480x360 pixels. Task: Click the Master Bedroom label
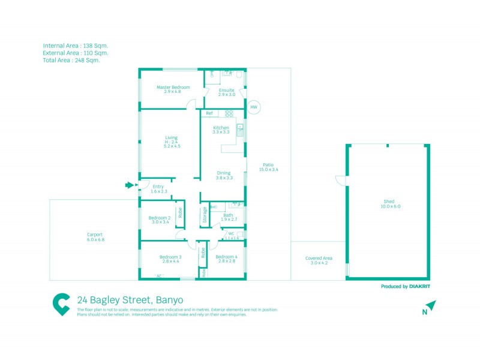tap(173, 87)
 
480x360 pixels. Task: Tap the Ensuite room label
tap(226, 90)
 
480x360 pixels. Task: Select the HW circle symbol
tap(254, 107)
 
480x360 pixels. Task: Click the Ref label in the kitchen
tap(209, 113)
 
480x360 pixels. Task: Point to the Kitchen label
tap(221, 128)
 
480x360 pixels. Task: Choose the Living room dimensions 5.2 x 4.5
tap(172, 146)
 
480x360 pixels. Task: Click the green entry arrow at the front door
tap(128, 185)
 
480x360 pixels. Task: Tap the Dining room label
tap(224, 173)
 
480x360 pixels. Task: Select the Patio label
tap(268, 164)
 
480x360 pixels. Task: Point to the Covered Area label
tap(319, 258)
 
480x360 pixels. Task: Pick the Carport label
tap(95, 235)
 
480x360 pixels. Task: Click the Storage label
tap(205, 215)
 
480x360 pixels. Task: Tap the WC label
tap(231, 233)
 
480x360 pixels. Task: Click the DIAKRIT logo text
tap(422, 287)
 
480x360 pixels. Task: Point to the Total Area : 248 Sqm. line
tap(71, 60)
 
